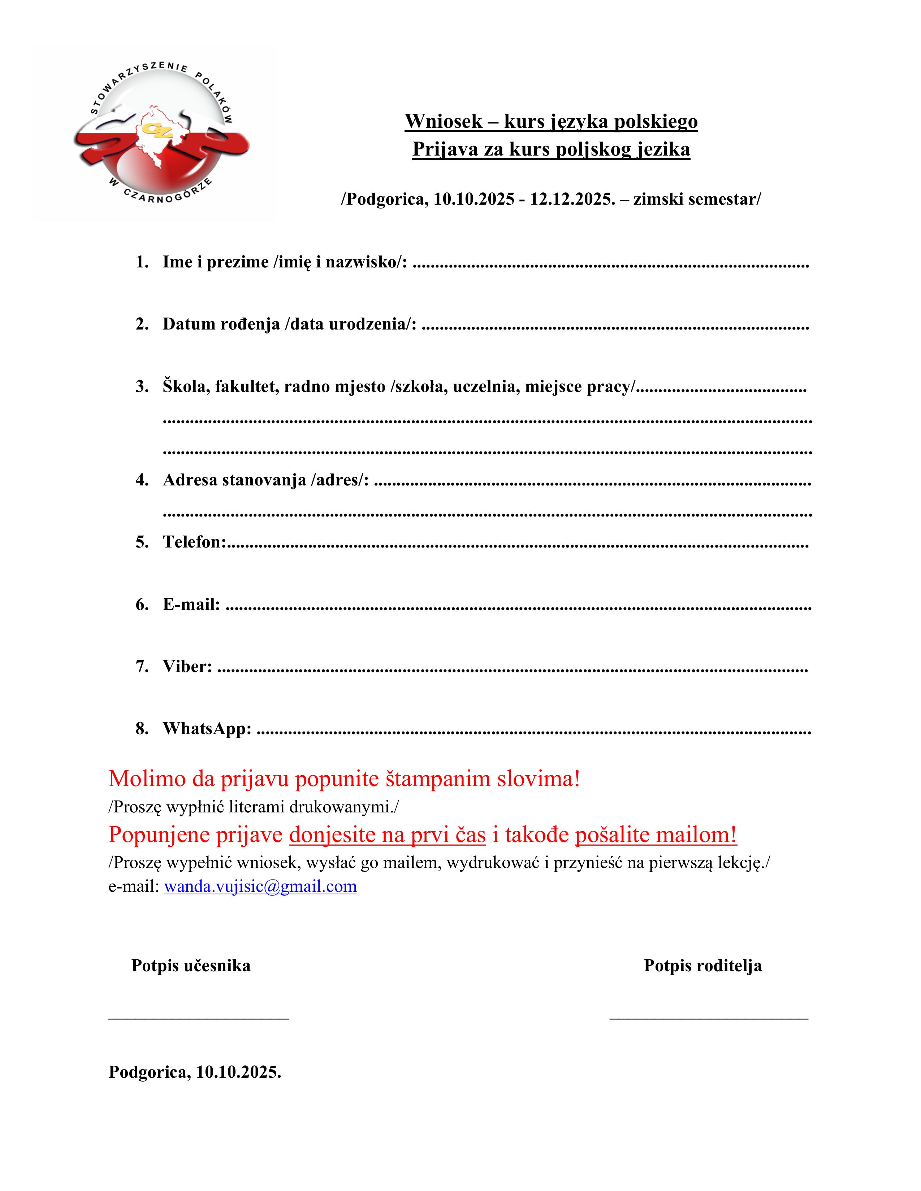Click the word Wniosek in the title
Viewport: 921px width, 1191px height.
(x=444, y=121)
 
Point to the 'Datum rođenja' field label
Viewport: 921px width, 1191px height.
(x=221, y=324)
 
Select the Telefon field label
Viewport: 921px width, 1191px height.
(x=194, y=542)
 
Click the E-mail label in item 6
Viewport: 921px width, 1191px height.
(x=191, y=604)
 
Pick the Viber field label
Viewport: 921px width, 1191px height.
(x=187, y=666)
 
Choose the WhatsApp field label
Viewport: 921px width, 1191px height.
(x=207, y=729)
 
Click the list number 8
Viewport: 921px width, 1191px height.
(x=142, y=729)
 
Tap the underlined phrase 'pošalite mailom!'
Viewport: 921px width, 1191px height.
(x=656, y=835)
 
